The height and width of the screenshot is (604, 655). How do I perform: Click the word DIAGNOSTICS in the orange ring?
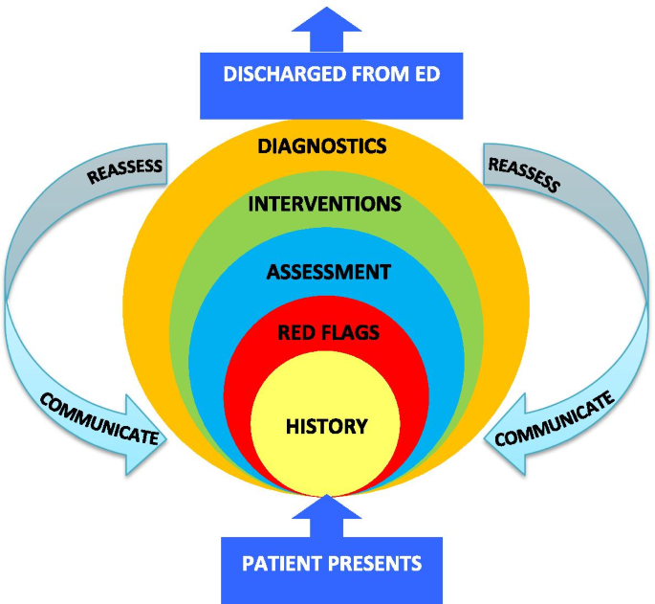(322, 146)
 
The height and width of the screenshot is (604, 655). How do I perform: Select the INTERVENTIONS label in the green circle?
(324, 205)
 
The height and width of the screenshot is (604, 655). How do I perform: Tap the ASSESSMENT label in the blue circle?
(328, 272)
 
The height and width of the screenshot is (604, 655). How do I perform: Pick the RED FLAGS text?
(328, 333)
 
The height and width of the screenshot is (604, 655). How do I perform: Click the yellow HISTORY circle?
(326, 426)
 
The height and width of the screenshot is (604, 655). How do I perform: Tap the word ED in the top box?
(427, 74)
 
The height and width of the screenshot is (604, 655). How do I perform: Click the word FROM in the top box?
(377, 74)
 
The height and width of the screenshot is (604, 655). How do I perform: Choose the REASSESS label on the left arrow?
(125, 170)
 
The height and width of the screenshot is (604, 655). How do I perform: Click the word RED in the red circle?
(294, 333)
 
